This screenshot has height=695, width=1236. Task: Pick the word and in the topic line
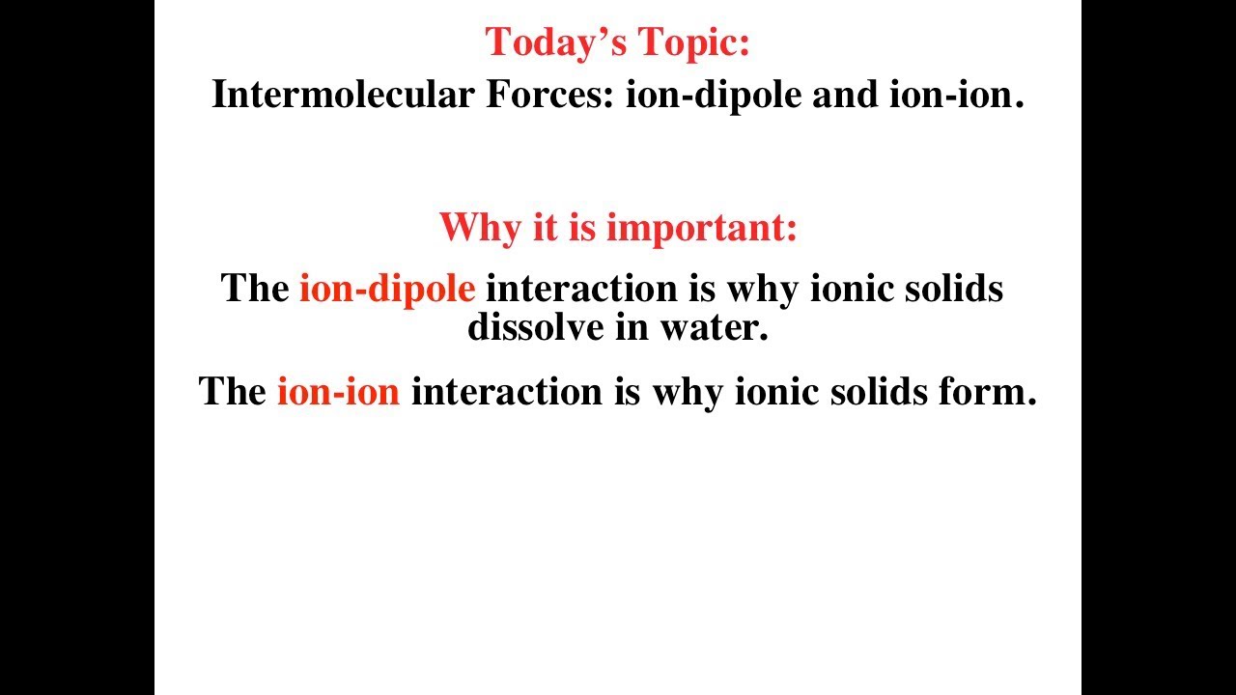tap(844, 95)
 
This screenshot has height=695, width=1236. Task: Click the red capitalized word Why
tap(480, 228)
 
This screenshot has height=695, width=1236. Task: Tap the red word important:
tap(702, 228)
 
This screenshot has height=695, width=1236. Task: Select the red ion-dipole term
tap(386, 288)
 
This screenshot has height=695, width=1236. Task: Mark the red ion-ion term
tap(338, 391)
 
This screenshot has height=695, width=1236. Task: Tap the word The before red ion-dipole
tap(255, 288)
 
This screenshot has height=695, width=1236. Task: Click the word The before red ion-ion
tap(233, 391)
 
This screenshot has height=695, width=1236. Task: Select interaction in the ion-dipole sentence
tap(572, 288)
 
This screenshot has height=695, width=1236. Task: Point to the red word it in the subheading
tap(545, 228)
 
